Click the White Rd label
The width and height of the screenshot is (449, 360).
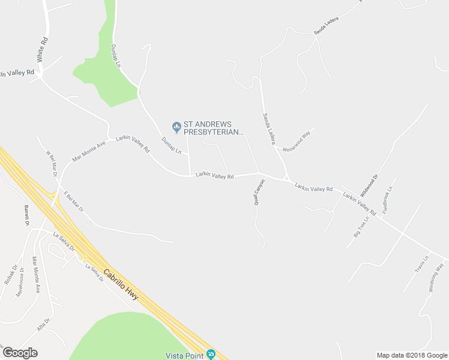tap(41, 50)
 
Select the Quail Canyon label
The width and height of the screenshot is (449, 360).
tap(259, 193)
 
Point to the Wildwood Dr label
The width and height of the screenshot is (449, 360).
tap(369, 187)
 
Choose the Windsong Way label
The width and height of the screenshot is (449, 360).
tap(436, 277)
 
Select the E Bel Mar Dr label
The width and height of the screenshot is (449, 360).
tap(73, 201)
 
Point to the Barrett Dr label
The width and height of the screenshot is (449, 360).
tap(27, 214)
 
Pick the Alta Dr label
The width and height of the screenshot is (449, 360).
tap(43, 324)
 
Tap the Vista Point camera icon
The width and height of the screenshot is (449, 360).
tap(211, 354)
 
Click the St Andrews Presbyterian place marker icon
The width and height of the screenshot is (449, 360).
tap(176, 126)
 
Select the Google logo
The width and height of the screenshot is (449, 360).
tap(20, 353)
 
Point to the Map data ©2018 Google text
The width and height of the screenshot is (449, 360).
tap(412, 355)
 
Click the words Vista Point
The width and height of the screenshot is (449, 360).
tap(183, 355)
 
